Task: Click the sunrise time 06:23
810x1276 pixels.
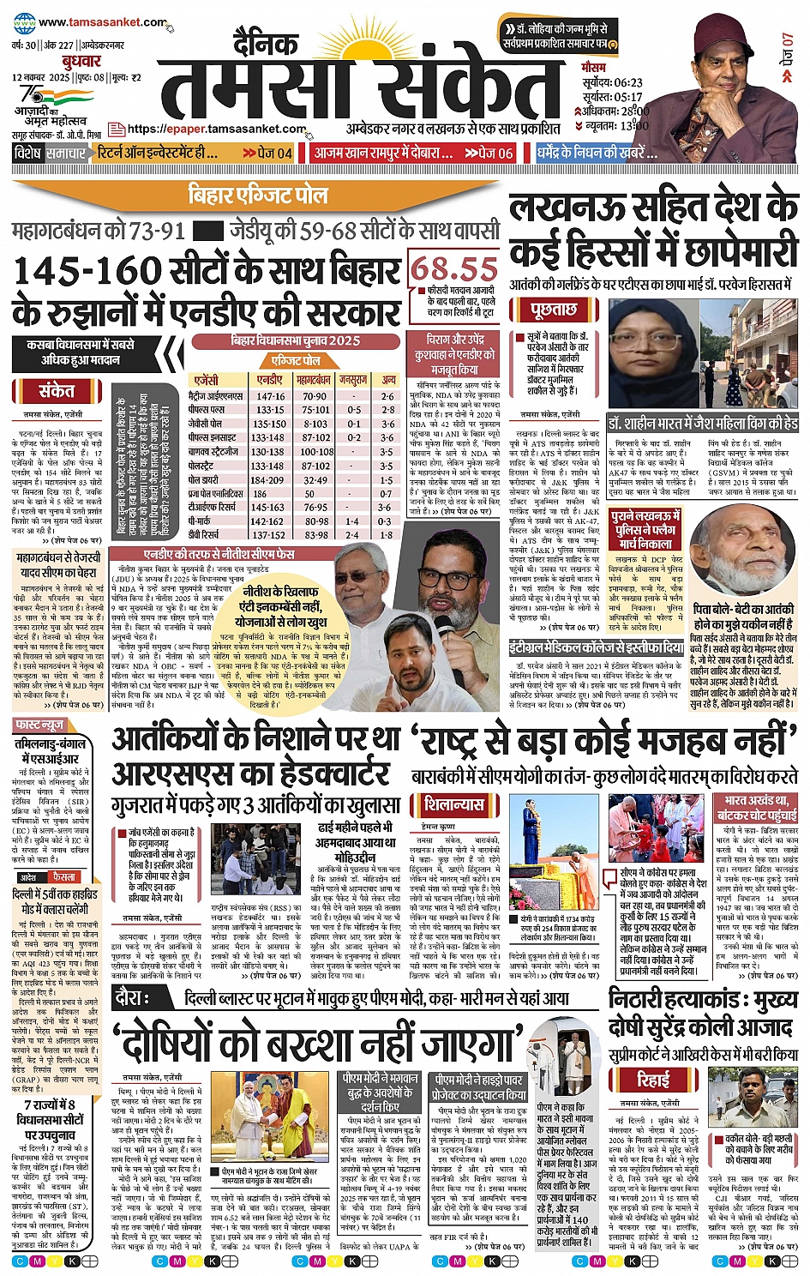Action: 627,83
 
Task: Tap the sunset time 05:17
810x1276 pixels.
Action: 627,97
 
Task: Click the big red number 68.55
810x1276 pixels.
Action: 453,268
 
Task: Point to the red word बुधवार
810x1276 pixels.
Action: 81,62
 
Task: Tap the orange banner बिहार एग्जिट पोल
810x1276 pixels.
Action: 258,194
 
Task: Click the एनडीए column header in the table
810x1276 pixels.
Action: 270,379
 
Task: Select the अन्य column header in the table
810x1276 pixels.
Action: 388,379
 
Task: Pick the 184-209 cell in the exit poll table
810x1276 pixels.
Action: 270,480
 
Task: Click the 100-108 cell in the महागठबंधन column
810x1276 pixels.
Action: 315,452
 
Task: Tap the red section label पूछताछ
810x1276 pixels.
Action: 553,309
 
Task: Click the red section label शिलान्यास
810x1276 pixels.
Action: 455,804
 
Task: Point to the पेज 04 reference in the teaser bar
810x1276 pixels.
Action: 267,153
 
